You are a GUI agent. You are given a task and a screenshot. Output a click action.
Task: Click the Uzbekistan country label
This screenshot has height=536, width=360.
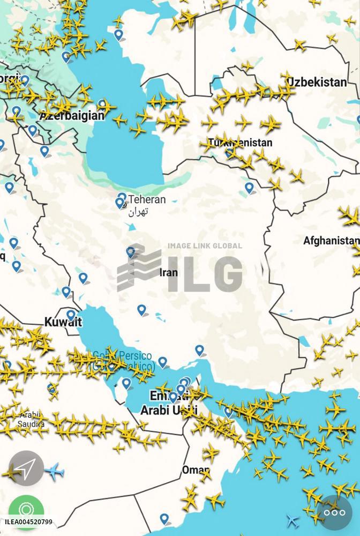(x=317, y=82)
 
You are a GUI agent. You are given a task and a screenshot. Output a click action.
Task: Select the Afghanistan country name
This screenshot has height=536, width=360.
(x=331, y=241)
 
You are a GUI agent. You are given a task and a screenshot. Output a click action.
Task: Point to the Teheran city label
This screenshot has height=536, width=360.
(x=146, y=199)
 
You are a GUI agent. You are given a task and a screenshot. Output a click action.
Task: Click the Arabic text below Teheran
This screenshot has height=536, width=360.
(x=138, y=212)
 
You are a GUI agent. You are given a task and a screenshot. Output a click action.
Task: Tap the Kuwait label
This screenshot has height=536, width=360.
(x=63, y=322)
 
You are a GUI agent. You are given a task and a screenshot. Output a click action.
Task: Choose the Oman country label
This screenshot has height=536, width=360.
(x=195, y=470)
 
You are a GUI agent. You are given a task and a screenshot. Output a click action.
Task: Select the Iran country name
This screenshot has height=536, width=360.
(x=169, y=272)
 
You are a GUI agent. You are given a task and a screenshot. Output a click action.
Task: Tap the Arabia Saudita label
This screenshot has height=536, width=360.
(x=32, y=419)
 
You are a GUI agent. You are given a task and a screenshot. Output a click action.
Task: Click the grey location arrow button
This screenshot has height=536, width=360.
(x=26, y=469)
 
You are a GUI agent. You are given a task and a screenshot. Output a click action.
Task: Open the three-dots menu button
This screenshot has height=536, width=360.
(x=335, y=512)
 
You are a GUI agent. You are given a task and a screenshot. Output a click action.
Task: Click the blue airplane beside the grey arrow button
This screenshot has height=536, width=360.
(x=54, y=472)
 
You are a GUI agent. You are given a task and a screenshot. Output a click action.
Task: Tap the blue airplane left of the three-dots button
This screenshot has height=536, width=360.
(x=292, y=520)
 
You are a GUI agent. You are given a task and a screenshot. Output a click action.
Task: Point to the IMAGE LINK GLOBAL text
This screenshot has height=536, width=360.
(x=205, y=246)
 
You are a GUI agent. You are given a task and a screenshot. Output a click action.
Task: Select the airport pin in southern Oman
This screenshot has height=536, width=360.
(x=164, y=518)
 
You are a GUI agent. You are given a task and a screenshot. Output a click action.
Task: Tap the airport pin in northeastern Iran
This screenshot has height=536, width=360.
(x=249, y=187)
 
